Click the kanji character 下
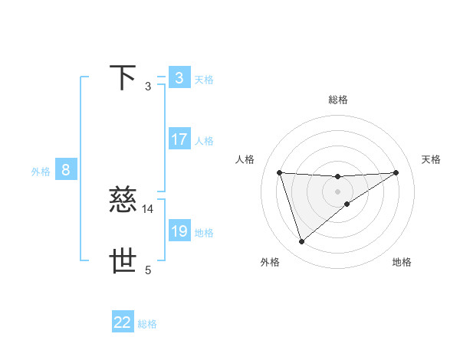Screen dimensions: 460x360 (x=123, y=78)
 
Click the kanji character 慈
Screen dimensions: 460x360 (x=123, y=200)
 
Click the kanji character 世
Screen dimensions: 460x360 (x=123, y=261)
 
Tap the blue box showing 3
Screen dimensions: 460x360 (x=179, y=78)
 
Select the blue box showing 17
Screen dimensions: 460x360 (x=179, y=139)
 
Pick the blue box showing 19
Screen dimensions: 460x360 (x=179, y=231)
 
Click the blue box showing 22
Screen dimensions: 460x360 (x=123, y=322)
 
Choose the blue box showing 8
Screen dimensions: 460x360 (x=66, y=170)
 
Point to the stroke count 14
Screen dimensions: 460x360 (x=148, y=208)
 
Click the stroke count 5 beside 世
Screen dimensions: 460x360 (x=148, y=270)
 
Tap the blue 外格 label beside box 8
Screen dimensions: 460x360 (x=41, y=172)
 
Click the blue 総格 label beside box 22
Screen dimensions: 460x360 (x=147, y=324)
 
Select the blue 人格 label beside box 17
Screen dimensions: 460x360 (x=204, y=141)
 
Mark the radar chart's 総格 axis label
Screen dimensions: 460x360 (x=338, y=100)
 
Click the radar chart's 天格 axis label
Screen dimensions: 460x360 (x=432, y=159)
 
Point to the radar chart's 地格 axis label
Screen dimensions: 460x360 (x=402, y=262)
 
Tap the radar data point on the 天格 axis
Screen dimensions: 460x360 (x=396, y=172)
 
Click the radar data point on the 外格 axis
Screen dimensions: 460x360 (x=301, y=242)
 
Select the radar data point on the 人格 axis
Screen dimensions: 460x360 (x=279, y=172)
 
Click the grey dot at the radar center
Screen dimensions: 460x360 (x=338, y=191)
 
